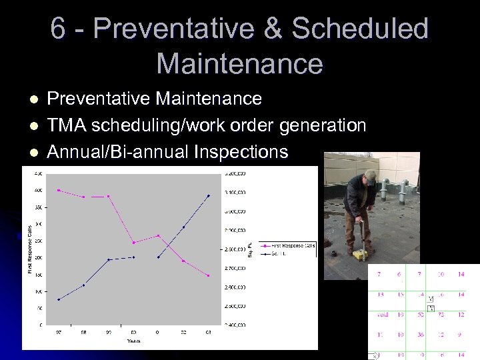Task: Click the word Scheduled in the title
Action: [360, 29]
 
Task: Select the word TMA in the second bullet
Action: [67, 125]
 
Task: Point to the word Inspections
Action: [241, 152]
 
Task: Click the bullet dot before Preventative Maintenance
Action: [35, 99]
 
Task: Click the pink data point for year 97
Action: [59, 190]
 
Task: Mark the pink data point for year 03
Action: [208, 275]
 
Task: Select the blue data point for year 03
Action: [208, 195]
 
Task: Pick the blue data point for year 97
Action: [59, 299]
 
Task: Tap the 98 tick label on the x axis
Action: [83, 332]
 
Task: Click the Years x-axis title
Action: [134, 341]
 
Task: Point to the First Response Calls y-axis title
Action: [30, 248]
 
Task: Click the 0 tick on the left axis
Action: [41, 325]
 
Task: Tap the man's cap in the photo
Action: [370, 175]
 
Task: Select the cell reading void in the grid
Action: [382, 315]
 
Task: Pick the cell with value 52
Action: [420, 315]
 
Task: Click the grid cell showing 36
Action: [420, 335]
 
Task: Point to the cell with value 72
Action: [441, 315]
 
